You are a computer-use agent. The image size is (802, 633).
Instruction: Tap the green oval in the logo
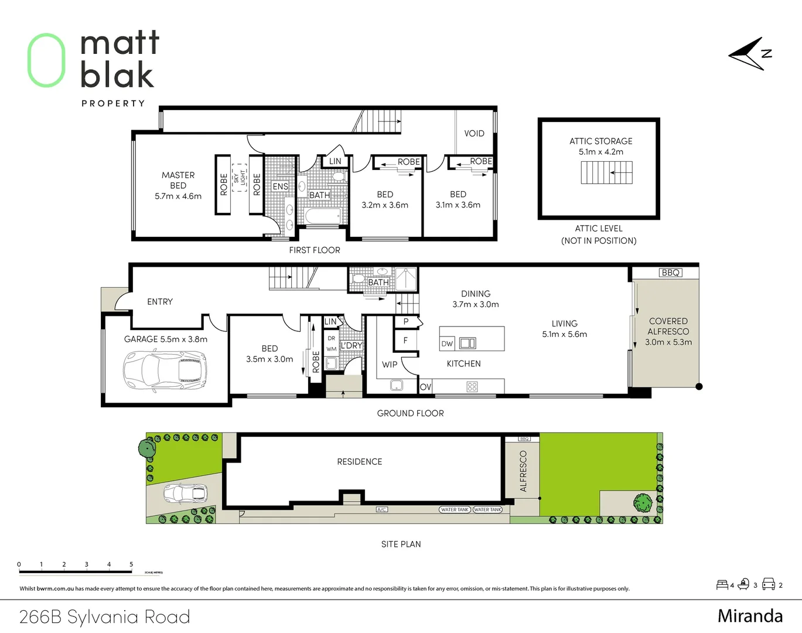(46, 60)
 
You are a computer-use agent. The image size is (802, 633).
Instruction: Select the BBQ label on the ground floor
(670, 273)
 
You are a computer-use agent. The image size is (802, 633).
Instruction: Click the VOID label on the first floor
(474, 134)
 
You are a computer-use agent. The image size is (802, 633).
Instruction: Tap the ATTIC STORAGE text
(600, 141)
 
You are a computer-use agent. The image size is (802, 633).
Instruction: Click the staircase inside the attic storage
(606, 173)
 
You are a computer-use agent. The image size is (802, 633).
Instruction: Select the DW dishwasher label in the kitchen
(447, 343)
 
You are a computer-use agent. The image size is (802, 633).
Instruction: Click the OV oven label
(426, 387)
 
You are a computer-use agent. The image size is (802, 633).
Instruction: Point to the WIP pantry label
(390, 365)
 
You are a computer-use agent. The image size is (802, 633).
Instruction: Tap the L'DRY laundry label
(351, 346)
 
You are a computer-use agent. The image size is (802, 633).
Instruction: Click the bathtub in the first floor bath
(322, 217)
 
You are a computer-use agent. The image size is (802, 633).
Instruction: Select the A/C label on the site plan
(381, 509)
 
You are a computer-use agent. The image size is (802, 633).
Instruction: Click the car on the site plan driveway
(185, 494)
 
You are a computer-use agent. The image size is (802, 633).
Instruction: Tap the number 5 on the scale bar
(131, 564)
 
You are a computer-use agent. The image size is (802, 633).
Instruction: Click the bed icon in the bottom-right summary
(722, 584)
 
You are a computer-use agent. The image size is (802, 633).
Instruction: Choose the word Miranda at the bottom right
(750, 616)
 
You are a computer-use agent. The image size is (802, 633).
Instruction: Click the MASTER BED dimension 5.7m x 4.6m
(178, 196)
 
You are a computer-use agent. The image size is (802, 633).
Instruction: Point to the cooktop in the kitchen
(472, 387)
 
